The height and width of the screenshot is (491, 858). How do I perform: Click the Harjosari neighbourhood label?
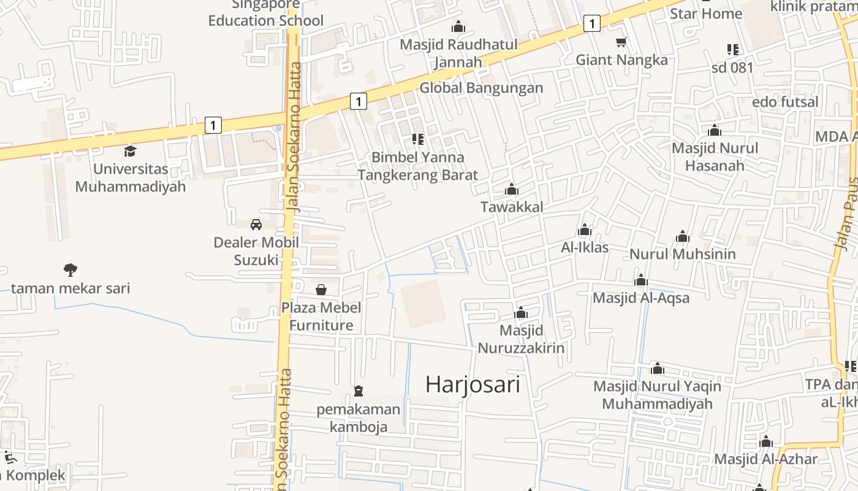473,385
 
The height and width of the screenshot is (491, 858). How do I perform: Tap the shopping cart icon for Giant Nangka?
621,42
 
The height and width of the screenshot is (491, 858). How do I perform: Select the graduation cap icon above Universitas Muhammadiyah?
130,151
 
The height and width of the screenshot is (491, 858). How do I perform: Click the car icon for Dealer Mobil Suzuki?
256,225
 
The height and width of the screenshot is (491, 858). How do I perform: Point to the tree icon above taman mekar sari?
70,269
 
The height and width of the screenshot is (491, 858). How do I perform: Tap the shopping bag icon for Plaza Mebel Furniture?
321,290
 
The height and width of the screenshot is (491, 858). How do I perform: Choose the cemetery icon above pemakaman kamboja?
359,391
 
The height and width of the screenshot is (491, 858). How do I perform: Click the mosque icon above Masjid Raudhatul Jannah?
458,26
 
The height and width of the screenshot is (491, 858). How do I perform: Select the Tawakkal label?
512,207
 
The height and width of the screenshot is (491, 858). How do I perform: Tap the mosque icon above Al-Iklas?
585,230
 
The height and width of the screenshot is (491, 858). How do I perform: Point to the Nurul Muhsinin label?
683,254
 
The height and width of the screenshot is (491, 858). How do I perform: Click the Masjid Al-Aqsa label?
641,298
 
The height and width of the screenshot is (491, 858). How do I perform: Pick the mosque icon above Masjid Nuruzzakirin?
521,313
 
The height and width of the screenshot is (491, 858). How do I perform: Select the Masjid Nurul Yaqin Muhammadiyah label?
657,395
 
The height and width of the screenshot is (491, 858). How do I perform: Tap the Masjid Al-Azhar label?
765,459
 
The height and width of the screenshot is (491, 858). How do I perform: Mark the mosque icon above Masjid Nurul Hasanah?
714,130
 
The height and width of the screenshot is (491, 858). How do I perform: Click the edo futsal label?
785,102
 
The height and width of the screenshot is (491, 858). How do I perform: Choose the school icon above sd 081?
732,50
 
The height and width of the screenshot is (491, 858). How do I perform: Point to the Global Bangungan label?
481,88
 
